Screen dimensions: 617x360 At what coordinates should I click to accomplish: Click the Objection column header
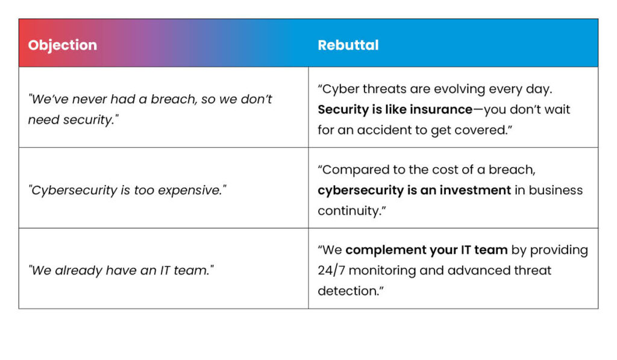[x=63, y=45]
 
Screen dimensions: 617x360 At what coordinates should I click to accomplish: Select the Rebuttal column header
[x=348, y=45]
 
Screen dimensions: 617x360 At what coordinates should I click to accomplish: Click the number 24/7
[x=331, y=271]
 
